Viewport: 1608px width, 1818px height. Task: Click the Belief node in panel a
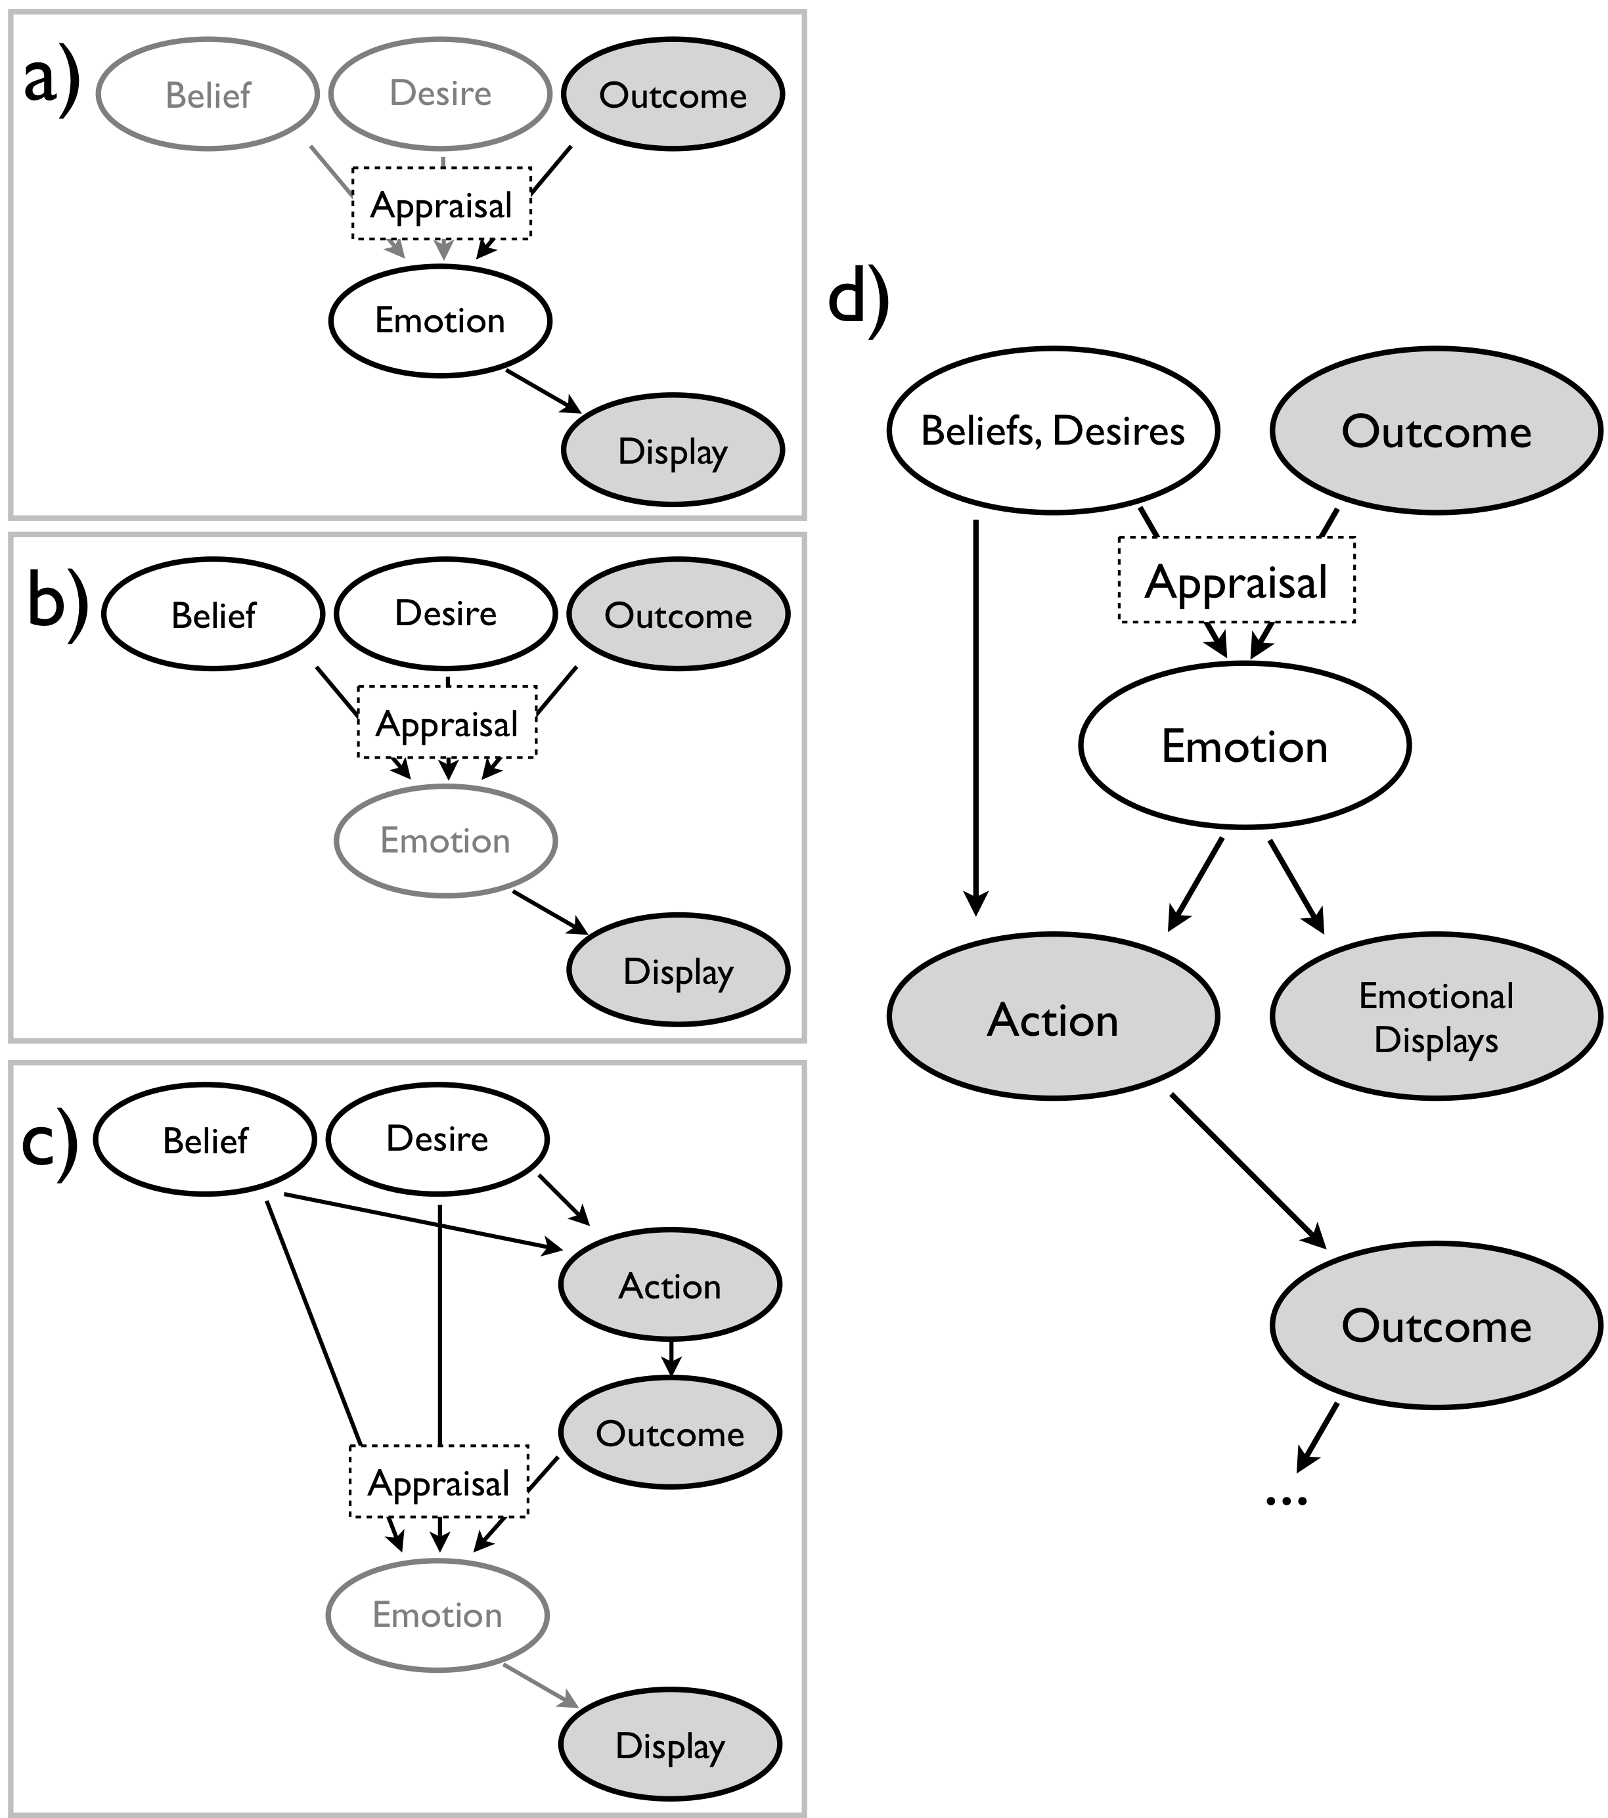(x=207, y=95)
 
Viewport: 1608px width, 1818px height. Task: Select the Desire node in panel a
(x=440, y=93)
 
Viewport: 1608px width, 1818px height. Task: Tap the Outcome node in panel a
(x=673, y=95)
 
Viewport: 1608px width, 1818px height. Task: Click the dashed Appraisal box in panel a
(x=441, y=204)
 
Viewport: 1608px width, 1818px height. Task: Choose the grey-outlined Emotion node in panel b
(x=445, y=841)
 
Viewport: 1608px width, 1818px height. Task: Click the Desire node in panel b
(x=445, y=613)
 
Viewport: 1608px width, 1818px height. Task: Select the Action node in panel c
(x=670, y=1285)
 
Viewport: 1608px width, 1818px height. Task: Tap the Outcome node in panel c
(x=670, y=1433)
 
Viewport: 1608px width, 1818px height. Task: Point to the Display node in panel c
(x=670, y=1744)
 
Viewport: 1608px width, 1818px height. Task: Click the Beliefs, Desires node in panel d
(x=1053, y=430)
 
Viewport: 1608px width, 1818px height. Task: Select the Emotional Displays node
(x=1435, y=1017)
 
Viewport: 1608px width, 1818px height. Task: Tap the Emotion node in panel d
(x=1244, y=745)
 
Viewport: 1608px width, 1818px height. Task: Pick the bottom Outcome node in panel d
(x=1435, y=1325)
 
